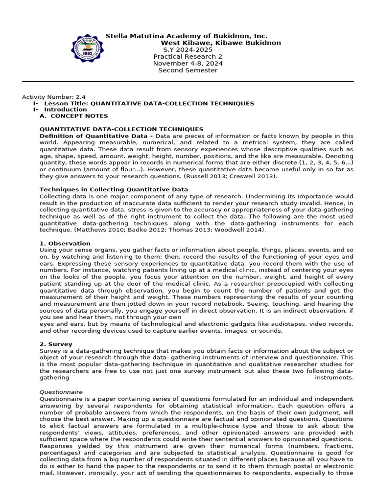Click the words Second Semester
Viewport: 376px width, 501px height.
188,70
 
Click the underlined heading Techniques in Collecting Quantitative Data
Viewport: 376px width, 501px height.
114,189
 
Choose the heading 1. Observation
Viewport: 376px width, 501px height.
65,243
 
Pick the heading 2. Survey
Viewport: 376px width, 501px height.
56,344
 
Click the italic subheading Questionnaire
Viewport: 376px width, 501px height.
61,392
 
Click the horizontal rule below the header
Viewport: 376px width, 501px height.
188,81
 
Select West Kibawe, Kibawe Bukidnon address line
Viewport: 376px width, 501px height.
221,43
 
